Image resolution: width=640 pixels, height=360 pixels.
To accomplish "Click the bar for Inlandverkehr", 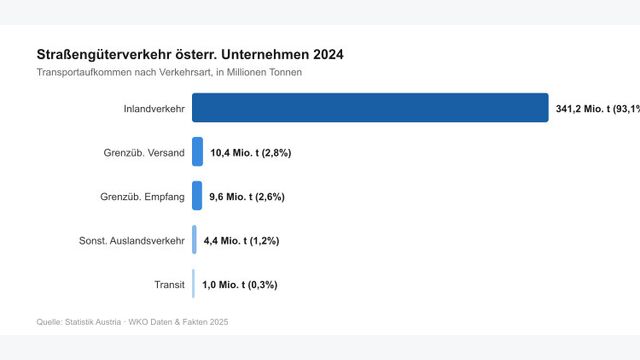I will point(370,108).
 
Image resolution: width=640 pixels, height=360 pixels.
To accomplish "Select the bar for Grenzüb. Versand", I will point(197,152).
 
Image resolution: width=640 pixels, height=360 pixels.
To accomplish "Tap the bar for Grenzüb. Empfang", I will point(197,196).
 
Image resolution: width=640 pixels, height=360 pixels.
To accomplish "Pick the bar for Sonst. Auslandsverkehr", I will point(195,240).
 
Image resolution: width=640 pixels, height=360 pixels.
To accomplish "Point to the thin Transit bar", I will point(193,284).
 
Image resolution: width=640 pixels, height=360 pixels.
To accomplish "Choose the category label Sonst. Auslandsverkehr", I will point(131,241).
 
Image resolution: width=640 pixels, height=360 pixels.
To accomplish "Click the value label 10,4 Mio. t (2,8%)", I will point(250,153).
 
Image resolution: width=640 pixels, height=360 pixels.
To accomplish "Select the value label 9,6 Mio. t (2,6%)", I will point(247,197).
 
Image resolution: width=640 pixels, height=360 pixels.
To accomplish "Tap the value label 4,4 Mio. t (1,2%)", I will point(241,241).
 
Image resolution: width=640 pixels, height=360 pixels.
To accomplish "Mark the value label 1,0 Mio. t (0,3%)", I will point(239,285).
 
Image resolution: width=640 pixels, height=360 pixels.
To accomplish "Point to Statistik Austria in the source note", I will point(93,322).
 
